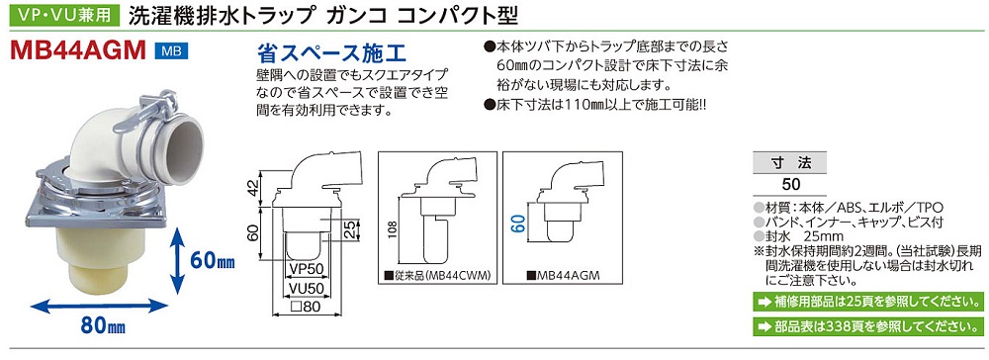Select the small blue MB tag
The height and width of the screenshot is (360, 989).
click(171, 51)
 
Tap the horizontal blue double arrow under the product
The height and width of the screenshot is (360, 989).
click(100, 306)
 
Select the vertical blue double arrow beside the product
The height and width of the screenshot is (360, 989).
click(179, 259)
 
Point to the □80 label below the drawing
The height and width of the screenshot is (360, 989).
click(306, 309)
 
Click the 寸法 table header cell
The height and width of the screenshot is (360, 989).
click(790, 162)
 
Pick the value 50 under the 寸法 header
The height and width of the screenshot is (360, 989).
click(790, 185)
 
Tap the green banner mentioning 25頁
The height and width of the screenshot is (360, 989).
click(867, 302)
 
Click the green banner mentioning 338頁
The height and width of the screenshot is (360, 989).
click(867, 326)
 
